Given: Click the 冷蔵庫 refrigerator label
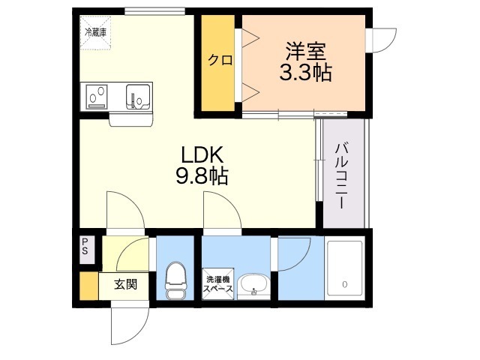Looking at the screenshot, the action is [x=95, y=32].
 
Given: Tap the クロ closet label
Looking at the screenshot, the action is [x=220, y=60].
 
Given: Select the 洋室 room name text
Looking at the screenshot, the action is [x=305, y=52].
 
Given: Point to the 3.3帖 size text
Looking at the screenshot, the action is [x=305, y=73].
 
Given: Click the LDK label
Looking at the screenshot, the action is [x=202, y=154].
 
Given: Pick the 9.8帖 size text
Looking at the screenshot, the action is [x=202, y=175].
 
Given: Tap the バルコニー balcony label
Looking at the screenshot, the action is [x=340, y=175].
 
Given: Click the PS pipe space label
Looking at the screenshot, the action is [x=85, y=247].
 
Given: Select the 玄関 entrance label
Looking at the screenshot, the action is [x=125, y=285].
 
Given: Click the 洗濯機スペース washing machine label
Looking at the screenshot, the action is [x=218, y=284].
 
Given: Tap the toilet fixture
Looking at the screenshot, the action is [x=176, y=280].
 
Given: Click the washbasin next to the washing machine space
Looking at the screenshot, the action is [x=253, y=285].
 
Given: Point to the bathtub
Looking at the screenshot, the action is [x=345, y=268].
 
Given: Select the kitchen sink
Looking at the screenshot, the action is [x=138, y=96].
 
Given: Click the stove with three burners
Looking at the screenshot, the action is [x=97, y=97].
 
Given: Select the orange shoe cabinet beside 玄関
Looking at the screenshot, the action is [x=89, y=286].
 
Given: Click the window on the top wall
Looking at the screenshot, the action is [x=155, y=11].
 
